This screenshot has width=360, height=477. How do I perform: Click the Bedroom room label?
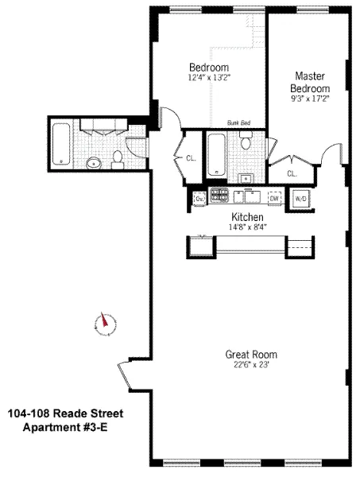(x=209, y=67)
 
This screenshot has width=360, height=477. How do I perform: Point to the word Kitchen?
(x=247, y=216)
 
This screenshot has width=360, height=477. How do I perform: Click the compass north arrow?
(x=103, y=323)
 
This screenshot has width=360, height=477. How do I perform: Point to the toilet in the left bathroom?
(x=118, y=158)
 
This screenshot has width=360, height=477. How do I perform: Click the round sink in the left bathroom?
(x=94, y=163)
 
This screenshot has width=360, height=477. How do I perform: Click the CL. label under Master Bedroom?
(x=292, y=173)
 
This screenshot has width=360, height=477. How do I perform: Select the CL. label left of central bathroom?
(x=191, y=158)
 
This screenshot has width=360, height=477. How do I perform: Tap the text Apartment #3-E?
(x=66, y=429)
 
